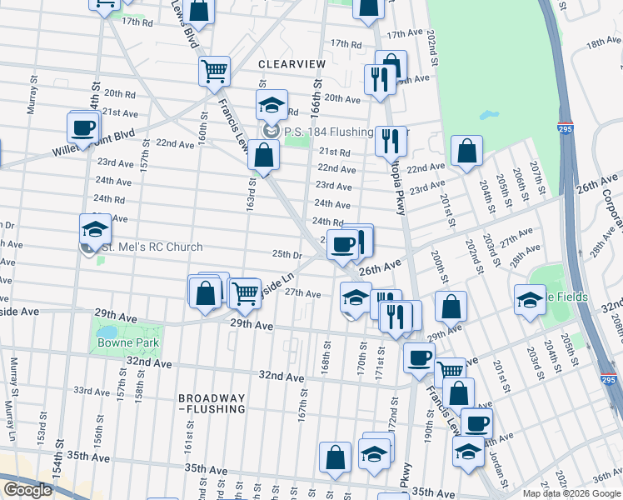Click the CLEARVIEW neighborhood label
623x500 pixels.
(x=287, y=63)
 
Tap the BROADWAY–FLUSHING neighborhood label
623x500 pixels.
(x=212, y=403)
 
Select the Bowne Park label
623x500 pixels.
(x=127, y=342)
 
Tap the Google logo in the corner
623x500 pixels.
(x=27, y=490)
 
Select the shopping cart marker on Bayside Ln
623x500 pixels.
(x=244, y=292)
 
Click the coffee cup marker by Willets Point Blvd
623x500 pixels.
(x=82, y=127)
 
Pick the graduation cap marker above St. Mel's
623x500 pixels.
(x=95, y=228)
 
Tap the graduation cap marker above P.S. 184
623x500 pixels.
(x=272, y=105)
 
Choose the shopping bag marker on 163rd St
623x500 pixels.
(x=263, y=156)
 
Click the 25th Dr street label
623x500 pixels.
(x=286, y=254)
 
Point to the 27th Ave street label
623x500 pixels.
(x=303, y=293)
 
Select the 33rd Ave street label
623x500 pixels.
(x=92, y=390)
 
